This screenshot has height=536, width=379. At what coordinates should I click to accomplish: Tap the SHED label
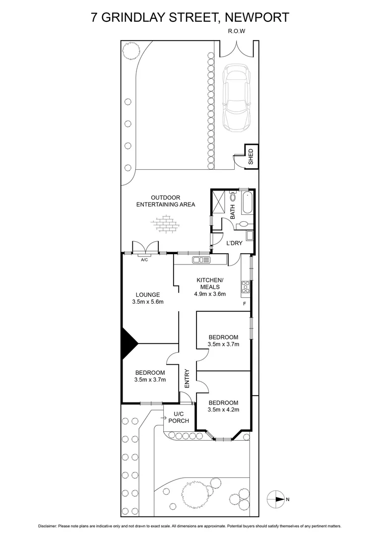click(251, 156)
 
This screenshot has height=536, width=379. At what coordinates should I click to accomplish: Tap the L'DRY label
click(234, 243)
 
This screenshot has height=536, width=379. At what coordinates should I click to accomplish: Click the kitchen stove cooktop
click(245, 286)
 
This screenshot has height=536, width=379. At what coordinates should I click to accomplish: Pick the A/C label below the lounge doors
click(145, 260)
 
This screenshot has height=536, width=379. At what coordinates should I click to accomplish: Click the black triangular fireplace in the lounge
click(128, 342)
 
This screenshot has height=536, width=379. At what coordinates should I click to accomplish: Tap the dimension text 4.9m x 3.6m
click(210, 294)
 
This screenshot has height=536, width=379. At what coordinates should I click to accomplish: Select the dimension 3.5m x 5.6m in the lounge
click(148, 301)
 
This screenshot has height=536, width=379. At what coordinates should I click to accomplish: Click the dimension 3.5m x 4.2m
click(223, 409)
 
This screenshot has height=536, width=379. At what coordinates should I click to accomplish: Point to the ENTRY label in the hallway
click(187, 379)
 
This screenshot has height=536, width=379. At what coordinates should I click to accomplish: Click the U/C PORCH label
click(179, 417)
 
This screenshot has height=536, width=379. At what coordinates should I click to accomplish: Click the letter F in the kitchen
click(244, 303)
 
